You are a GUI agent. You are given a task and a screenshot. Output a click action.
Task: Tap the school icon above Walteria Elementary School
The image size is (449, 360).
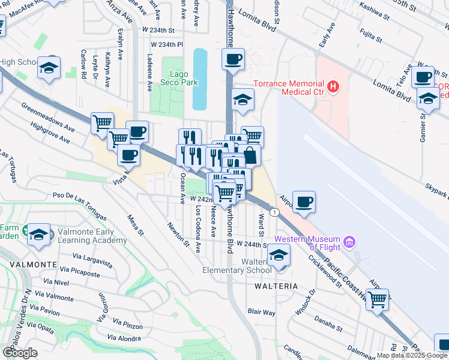coord(278,255)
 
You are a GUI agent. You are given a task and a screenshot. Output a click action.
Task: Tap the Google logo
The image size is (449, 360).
coord(20,352)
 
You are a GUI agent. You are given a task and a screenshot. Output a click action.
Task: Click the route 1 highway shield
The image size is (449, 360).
coord(274,212)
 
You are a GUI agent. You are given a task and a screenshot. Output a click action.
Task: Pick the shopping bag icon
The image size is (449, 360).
coord(250,155)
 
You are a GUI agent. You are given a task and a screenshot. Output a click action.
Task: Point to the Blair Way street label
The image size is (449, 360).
coord(261,312)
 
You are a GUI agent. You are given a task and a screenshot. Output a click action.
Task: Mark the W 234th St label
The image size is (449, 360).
coord(158,29)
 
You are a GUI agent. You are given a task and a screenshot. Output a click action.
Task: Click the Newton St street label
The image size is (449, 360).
coord(178,234)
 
